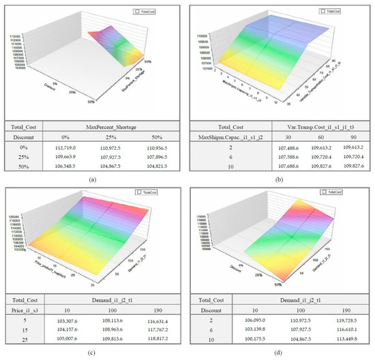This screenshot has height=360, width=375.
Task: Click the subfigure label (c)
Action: tap(93, 352)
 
